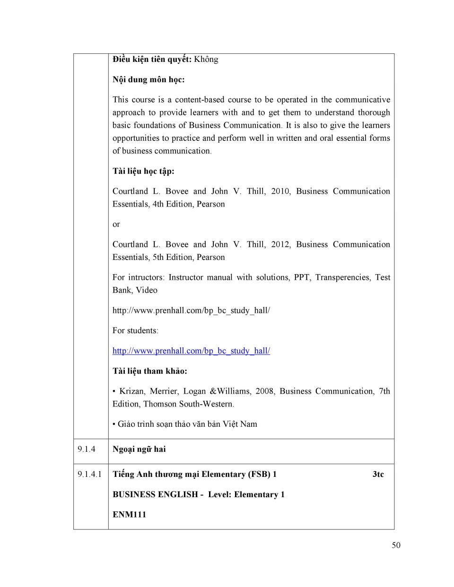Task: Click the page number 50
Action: pyautogui.click(x=396, y=545)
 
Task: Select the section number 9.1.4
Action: pyautogui.click(x=87, y=449)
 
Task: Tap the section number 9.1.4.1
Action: pyautogui.click(x=90, y=474)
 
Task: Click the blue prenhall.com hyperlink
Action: pyautogui.click(x=191, y=351)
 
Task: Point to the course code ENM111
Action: pyautogui.click(x=129, y=514)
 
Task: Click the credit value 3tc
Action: pyautogui.click(x=378, y=474)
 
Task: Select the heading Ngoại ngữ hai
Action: pyautogui.click(x=139, y=449)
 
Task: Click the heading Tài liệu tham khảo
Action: pyautogui.click(x=149, y=371)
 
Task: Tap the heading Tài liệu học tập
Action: pyautogui.click(x=143, y=171)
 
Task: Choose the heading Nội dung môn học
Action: pyautogui.click(x=148, y=79)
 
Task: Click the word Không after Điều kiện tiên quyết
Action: pyautogui.click(x=206, y=59)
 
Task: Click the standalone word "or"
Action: pyautogui.click(x=116, y=224)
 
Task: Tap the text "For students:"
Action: pyautogui.click(x=135, y=330)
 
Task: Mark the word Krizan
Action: pyautogui.click(x=132, y=391)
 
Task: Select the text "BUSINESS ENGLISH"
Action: pyautogui.click(x=155, y=494)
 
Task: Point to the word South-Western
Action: pyautogui.click(x=210, y=404)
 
